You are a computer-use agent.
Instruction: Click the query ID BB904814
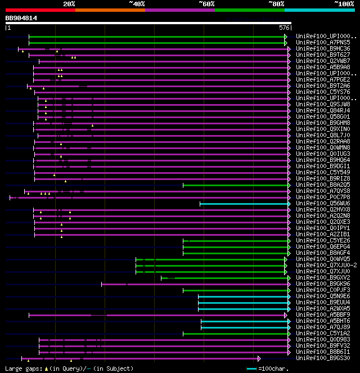coord(21,18)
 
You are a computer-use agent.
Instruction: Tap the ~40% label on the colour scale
coord(137,4)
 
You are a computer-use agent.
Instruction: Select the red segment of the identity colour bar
coord(40,10)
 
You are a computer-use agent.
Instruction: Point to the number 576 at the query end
coord(284,27)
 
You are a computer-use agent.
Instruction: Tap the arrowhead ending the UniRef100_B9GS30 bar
coord(259,358)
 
